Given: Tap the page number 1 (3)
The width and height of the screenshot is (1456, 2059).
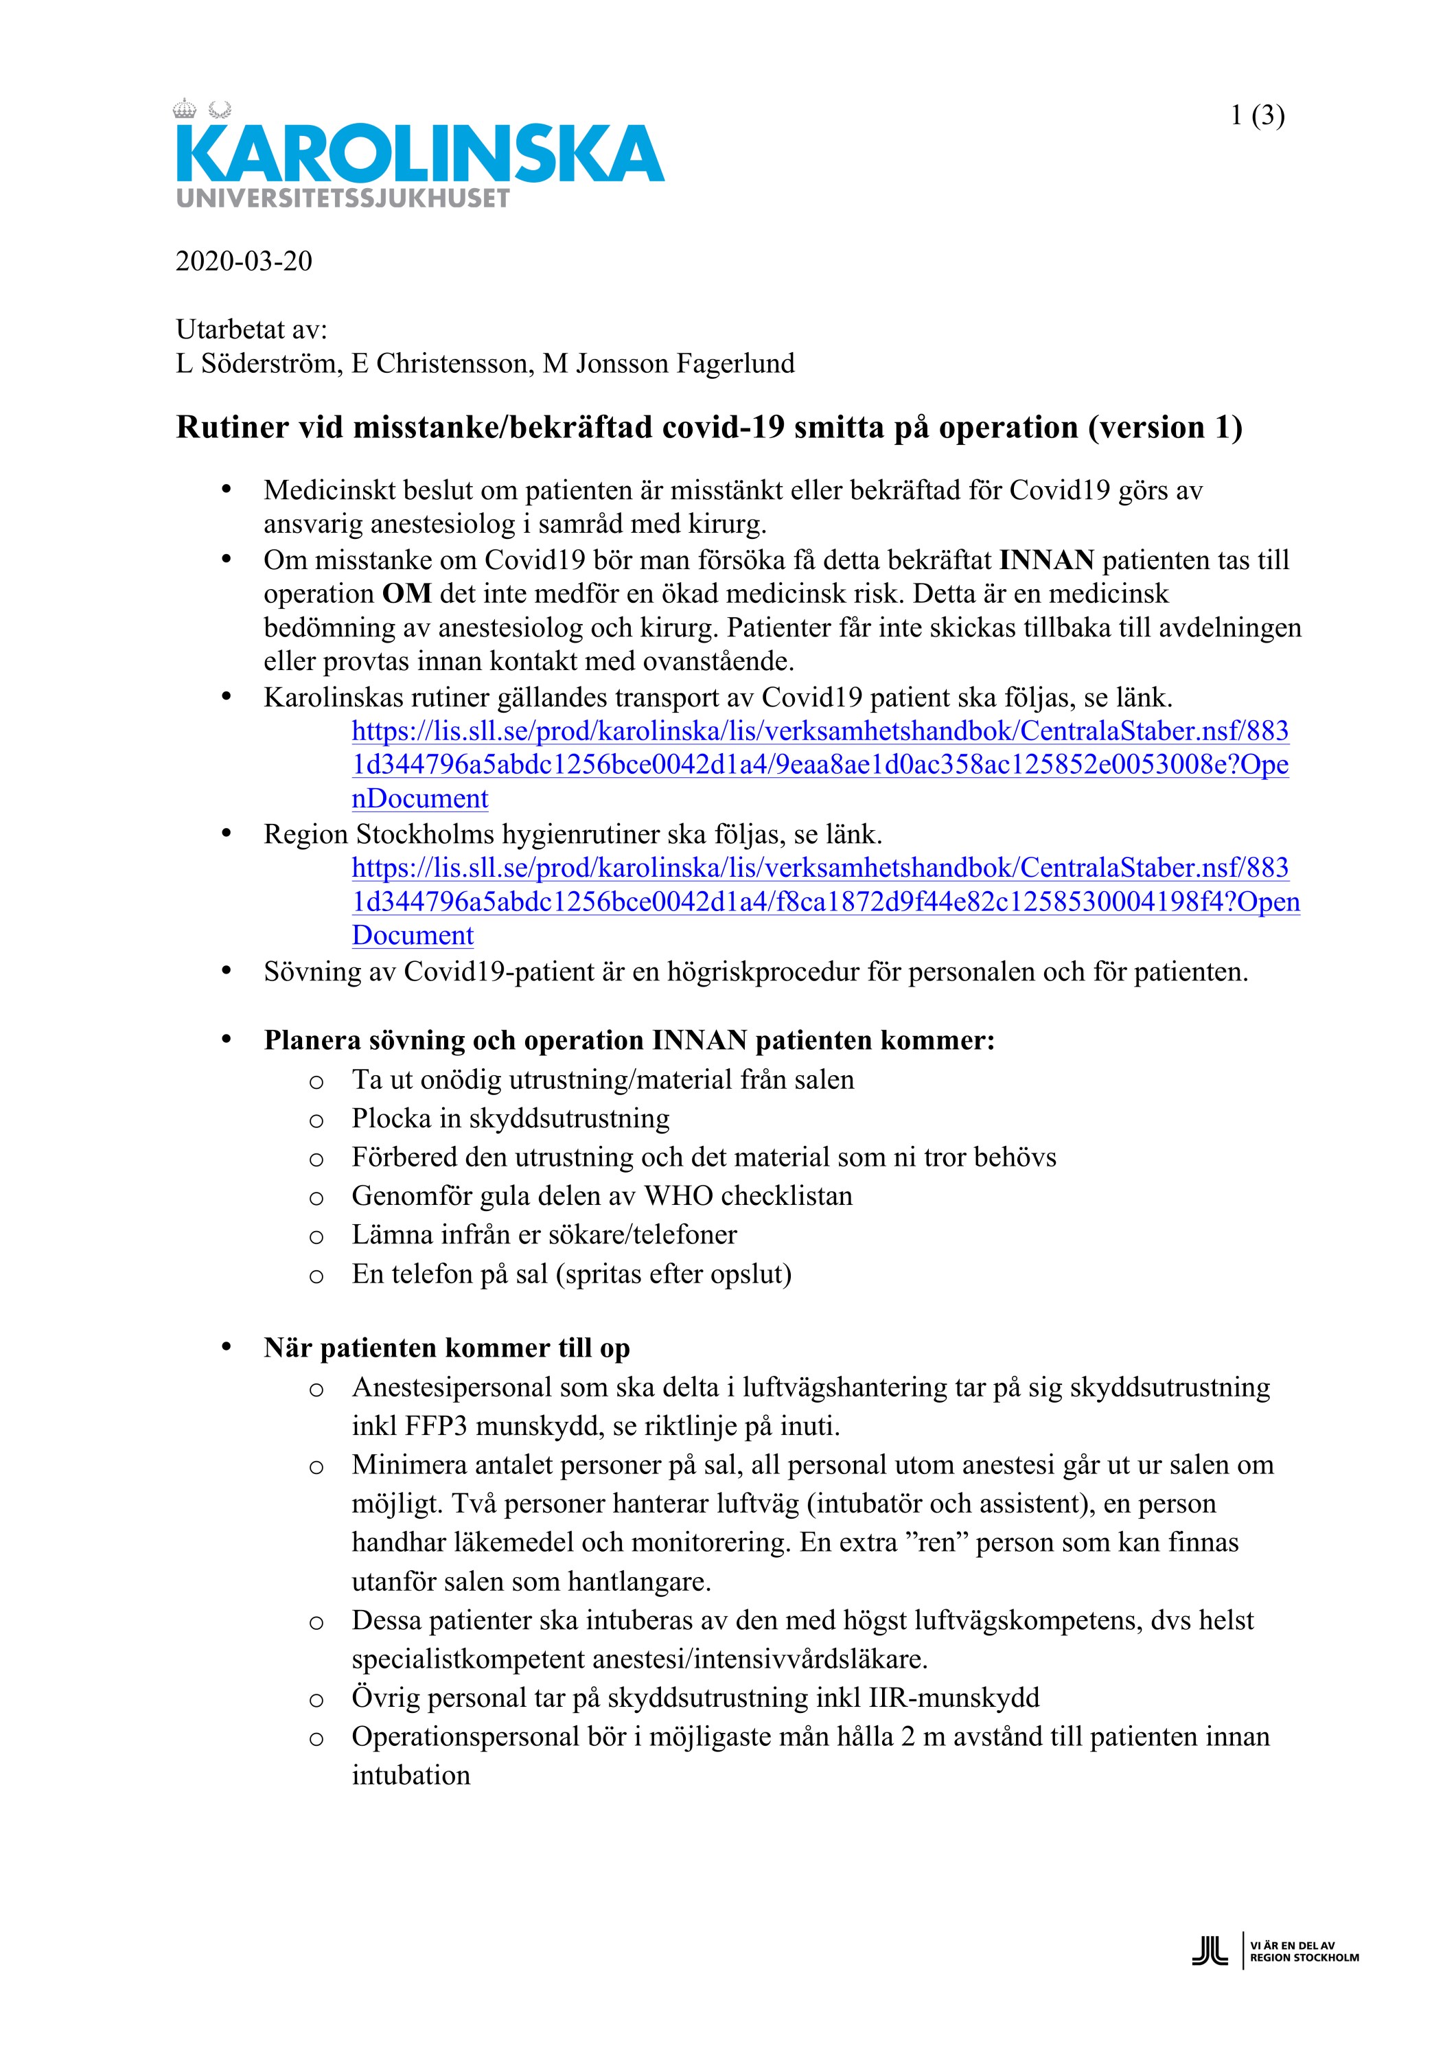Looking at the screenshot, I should click(1257, 115).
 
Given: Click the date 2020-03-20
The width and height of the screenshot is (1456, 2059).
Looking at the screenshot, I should click(244, 261).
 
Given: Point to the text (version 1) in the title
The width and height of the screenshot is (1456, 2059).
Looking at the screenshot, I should click(1165, 427).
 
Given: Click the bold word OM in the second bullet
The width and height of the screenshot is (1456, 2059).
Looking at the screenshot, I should click(406, 594).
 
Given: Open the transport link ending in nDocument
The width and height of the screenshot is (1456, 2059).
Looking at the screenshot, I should click(419, 798).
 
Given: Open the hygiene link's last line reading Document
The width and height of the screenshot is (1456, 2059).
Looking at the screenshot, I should click(413, 934).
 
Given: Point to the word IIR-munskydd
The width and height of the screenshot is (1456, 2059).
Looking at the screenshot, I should click(954, 1698).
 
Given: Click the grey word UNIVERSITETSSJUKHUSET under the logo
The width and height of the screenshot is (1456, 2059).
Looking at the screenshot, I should click(343, 198).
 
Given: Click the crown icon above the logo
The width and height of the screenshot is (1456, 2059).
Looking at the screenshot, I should click(185, 109).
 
